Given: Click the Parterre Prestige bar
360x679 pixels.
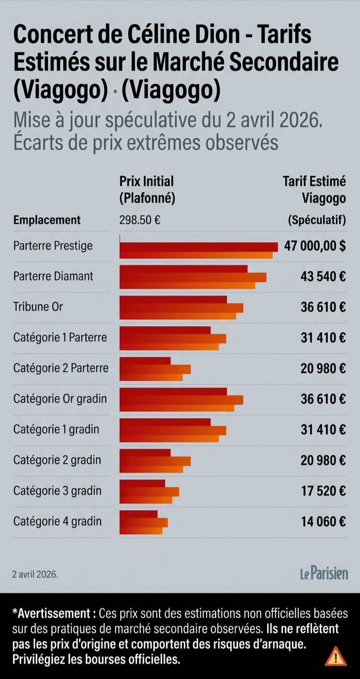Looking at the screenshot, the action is tap(199, 251).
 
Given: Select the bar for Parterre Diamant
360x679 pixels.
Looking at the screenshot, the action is tap(193, 277).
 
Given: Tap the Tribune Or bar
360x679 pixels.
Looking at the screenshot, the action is tap(182, 308).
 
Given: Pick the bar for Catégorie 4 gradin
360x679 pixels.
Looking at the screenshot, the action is tap(143, 522).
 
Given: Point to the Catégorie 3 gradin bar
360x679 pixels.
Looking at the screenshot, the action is tap(149, 492).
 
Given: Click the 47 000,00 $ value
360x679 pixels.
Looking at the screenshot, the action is tap(315, 246).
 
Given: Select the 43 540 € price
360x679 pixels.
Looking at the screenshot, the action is tap(323, 277).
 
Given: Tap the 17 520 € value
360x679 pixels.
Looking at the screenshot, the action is tap(323, 491).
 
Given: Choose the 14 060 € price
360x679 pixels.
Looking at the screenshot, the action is tap(323, 522).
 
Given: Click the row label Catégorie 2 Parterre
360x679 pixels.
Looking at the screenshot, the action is tap(61, 368).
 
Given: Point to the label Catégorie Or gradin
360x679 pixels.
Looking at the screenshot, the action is tap(60, 399).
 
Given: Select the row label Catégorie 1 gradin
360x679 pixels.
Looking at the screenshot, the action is tap(57, 429).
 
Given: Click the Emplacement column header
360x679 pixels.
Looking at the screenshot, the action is tap(47, 220).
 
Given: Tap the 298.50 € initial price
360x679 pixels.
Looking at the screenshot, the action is tap(140, 220).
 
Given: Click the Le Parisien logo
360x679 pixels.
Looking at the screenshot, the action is tap(324, 573).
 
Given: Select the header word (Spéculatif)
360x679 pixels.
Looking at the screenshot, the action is tap(317, 220).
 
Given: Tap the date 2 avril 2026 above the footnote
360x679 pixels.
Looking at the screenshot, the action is tap(35, 574).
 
